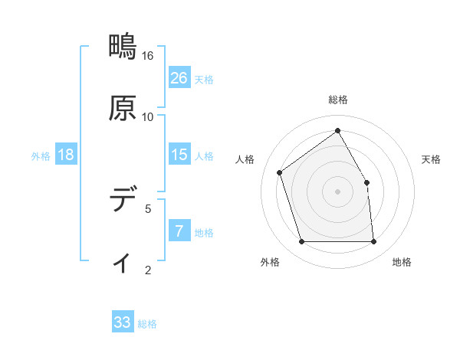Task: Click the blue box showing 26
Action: click(179, 77)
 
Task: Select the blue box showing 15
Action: click(179, 155)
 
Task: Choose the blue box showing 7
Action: click(179, 231)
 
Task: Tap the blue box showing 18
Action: click(66, 155)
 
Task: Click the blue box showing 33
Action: click(123, 322)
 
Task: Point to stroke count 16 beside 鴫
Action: click(148, 56)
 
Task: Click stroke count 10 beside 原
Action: click(148, 117)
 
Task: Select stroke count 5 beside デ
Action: click(148, 208)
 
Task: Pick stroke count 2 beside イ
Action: click(148, 270)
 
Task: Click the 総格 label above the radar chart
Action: click(338, 100)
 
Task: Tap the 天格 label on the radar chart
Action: click(432, 159)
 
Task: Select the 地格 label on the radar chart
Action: click(402, 262)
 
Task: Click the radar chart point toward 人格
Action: click(280, 172)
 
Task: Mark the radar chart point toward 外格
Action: click(301, 242)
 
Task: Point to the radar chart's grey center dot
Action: click(338, 191)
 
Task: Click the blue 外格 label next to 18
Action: click(41, 155)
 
